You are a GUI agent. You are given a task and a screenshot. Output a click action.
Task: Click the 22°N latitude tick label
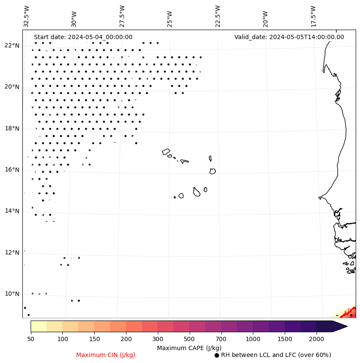tap(12, 46)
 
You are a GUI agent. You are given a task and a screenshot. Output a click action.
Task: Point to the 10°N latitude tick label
tap(12, 294)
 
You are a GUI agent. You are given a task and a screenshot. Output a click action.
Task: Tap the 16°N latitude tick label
tap(12, 170)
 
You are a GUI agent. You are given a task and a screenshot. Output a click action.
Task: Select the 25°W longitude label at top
tap(169, 16)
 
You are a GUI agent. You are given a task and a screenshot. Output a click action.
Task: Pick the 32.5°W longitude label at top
tap(27, 16)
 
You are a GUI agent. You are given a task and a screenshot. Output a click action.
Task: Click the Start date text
tap(83, 37)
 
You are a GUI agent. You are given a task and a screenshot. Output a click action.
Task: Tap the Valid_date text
tap(289, 37)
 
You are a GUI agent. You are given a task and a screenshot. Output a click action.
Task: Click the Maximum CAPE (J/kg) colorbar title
tap(189, 348)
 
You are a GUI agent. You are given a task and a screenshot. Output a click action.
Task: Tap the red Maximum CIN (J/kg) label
tap(106, 355)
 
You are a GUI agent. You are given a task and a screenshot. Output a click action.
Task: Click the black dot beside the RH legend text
tap(217, 355)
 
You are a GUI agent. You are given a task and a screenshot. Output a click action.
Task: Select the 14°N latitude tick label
tap(12, 211)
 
